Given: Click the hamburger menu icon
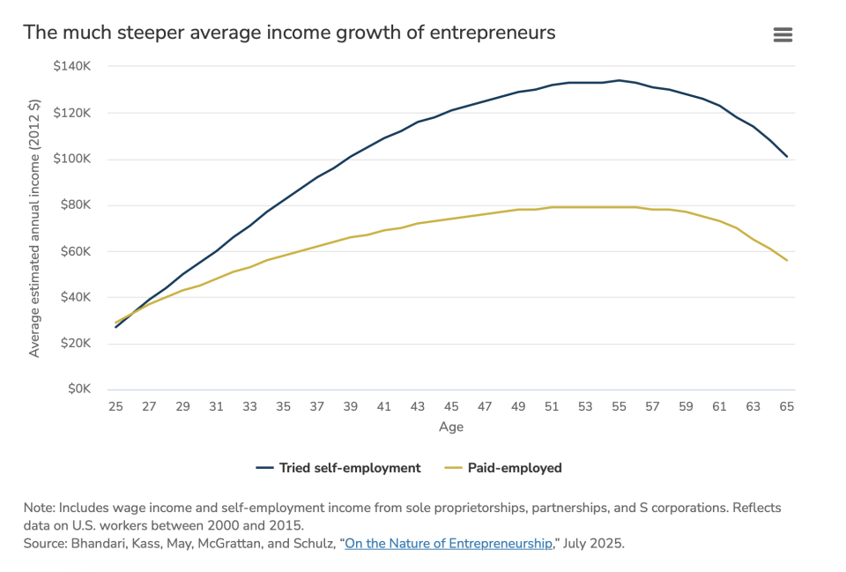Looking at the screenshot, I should [x=783, y=34].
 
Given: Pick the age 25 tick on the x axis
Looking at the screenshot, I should [x=115, y=407].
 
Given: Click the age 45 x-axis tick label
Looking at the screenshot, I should [x=451, y=407].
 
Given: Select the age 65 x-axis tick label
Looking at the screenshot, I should [x=787, y=407].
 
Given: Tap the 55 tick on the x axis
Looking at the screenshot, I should [x=619, y=407].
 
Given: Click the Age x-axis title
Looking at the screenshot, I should [x=451, y=427].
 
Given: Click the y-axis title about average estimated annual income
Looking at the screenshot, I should [x=35, y=227].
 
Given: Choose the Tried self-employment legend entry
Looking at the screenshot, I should [x=338, y=468].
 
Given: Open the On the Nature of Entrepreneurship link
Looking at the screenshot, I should [x=449, y=543].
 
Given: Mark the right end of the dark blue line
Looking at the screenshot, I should [x=786, y=157].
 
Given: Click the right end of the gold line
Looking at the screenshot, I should [x=786, y=260].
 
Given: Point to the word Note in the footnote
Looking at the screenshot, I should [x=39, y=509].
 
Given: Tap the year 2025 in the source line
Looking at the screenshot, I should [x=608, y=543].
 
